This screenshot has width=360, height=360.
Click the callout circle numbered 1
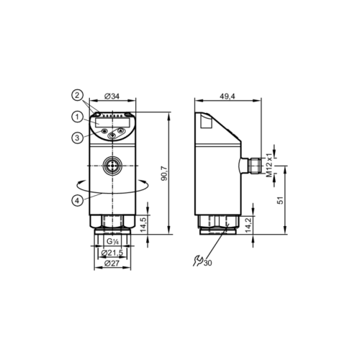tap(76, 117)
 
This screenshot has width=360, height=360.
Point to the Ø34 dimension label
tap(112, 96)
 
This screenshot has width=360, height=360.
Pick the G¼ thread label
tap(111, 242)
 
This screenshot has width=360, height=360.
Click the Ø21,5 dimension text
tap(111, 253)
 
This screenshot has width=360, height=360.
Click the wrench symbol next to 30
tap(199, 260)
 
